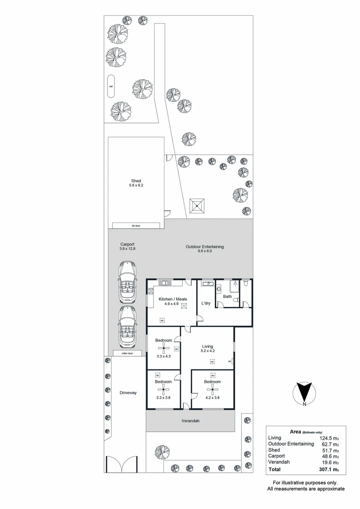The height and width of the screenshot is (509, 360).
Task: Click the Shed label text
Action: (x=136, y=181)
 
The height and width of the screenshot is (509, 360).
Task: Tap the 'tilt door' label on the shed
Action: (x=136, y=226)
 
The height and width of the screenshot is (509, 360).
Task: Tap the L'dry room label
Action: (x=205, y=303)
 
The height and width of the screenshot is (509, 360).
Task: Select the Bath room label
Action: (x=227, y=296)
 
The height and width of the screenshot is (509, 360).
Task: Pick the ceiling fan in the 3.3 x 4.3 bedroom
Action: (x=164, y=348)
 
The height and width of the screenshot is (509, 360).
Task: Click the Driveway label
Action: (x=128, y=393)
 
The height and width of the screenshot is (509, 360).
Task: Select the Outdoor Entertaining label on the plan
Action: (x=205, y=246)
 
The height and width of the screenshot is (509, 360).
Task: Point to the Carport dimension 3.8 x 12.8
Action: (x=128, y=248)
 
